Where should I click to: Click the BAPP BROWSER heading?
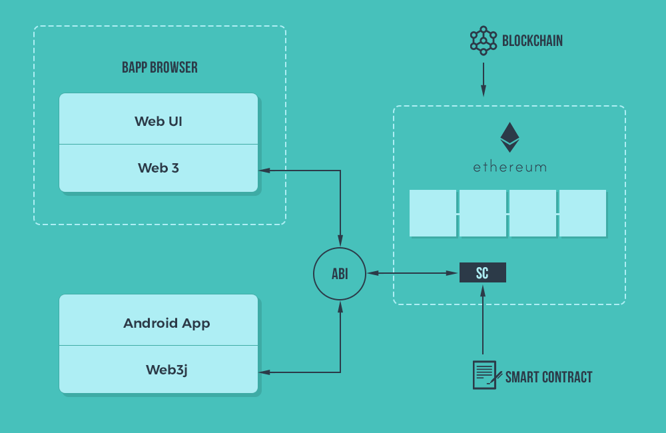(x=160, y=67)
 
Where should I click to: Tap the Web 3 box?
(x=159, y=168)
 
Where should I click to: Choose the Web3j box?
(x=159, y=369)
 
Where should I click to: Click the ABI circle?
(x=340, y=273)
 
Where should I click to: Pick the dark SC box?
(x=483, y=272)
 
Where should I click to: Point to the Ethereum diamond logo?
(x=509, y=137)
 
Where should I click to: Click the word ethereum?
(x=509, y=167)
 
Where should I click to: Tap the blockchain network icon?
(x=484, y=40)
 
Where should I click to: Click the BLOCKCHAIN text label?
(x=532, y=41)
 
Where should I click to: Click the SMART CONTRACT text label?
(x=549, y=377)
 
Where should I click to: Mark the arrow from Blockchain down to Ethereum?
(x=484, y=80)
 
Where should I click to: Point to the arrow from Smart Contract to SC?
(x=483, y=320)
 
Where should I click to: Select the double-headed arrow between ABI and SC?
(x=413, y=273)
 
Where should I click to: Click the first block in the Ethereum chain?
(x=433, y=213)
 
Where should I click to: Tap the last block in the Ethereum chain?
(x=583, y=213)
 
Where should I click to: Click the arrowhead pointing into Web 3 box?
(x=264, y=171)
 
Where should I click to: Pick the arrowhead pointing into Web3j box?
(x=264, y=372)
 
